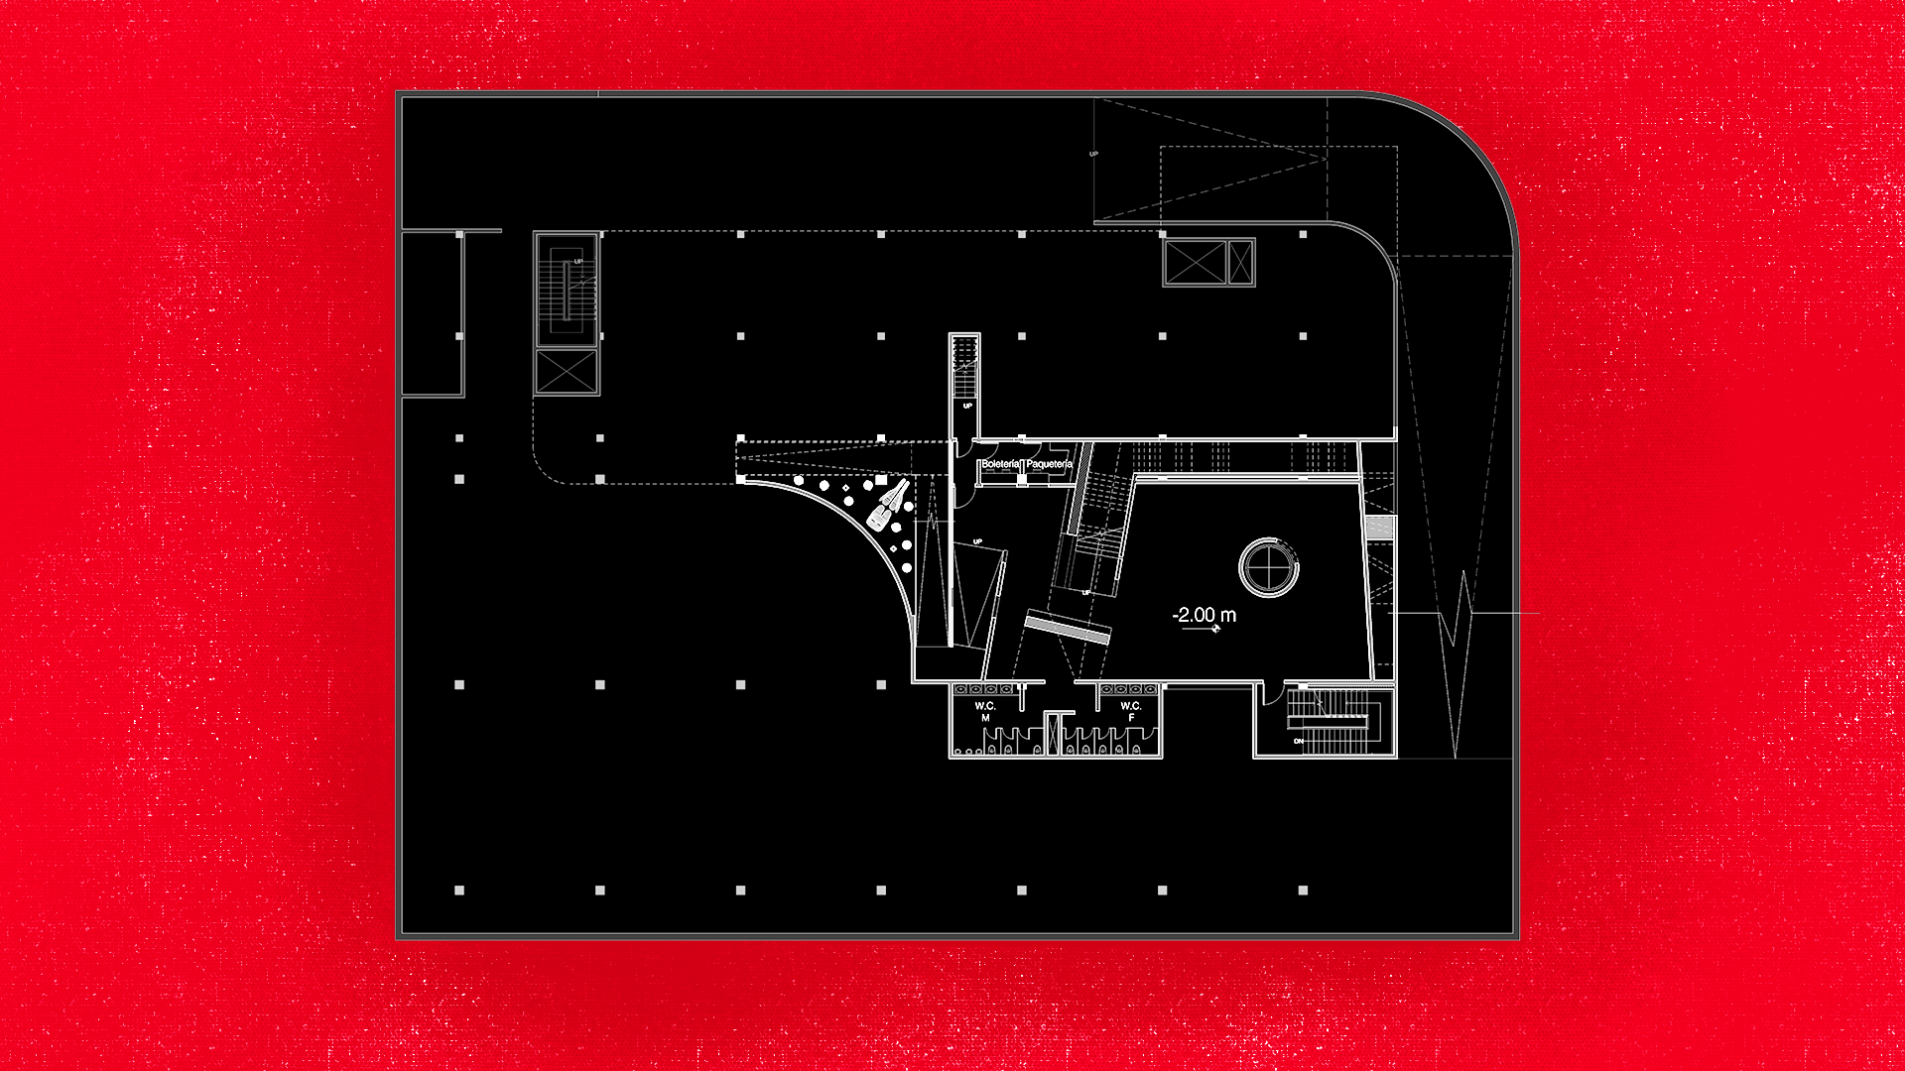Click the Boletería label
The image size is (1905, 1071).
tap(1000, 464)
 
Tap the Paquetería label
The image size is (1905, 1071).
tap(1049, 464)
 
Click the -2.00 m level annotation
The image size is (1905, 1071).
tap(1204, 615)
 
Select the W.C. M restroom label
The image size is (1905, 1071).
tap(985, 711)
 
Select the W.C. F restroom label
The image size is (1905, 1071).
tap(1131, 711)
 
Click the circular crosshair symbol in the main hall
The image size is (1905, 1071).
tap(1269, 567)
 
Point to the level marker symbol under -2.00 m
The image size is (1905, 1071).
tap(1214, 629)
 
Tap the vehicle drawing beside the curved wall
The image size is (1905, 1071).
tap(888, 504)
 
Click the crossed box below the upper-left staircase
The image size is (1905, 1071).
tap(567, 372)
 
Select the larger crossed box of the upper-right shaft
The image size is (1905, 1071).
tap(1195, 263)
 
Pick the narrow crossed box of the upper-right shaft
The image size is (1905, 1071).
tap(1241, 263)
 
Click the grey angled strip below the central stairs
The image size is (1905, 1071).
tap(1068, 628)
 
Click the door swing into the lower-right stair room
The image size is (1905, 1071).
tap(1272, 694)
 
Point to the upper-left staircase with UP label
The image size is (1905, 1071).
tap(567, 290)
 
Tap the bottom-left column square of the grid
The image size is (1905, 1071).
tap(459, 891)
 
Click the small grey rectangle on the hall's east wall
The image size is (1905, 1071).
tap(1380, 528)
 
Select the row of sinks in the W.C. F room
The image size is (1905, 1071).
tap(1129, 689)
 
